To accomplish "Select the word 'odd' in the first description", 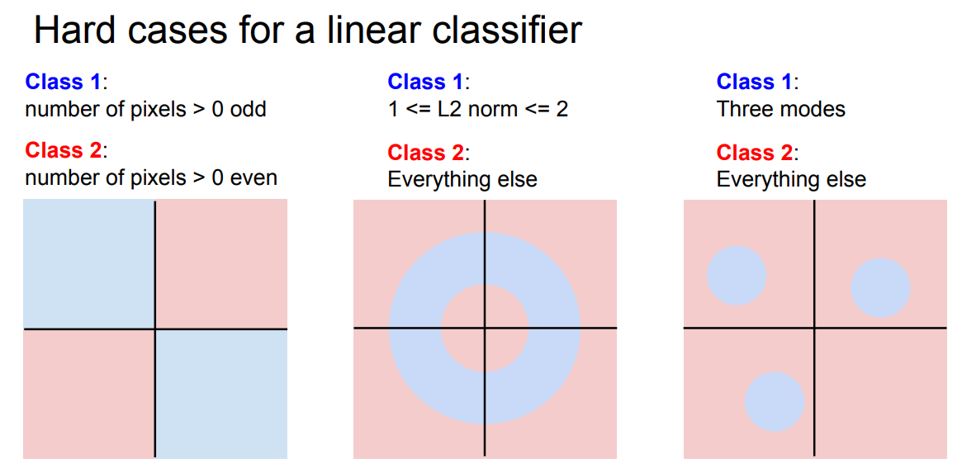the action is click(249, 109).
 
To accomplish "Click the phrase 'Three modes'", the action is click(781, 109).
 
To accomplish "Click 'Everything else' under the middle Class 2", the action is click(462, 179).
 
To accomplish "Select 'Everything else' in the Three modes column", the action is click(791, 179).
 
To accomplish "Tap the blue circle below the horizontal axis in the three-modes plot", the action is click(775, 401).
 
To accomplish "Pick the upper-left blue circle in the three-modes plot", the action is click(737, 275).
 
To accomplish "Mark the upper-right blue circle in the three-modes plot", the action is click(880, 287).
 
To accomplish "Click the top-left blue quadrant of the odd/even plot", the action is click(89, 264).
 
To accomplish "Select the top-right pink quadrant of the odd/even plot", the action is click(221, 264).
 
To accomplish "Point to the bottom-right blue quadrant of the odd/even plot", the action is click(221, 393).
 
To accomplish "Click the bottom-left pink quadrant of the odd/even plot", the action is click(89, 393).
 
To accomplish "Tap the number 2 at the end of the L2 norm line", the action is click(562, 109).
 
